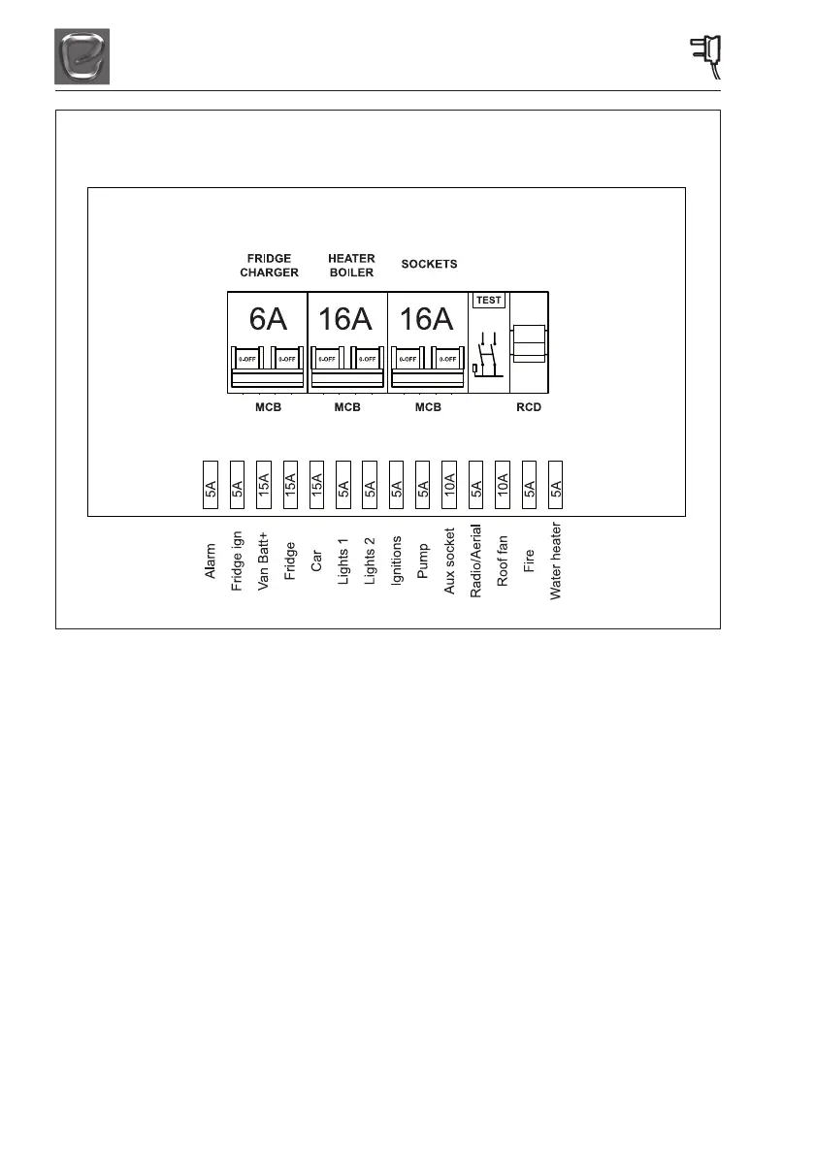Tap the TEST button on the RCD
489,300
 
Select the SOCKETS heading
429,264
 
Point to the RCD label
529,407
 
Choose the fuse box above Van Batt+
264,483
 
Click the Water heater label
556,564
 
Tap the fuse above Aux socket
448,483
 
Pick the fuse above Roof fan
502,483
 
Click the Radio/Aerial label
475,563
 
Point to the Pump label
422,560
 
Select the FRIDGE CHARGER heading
269,266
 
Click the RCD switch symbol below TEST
486,355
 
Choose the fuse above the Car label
316,483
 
